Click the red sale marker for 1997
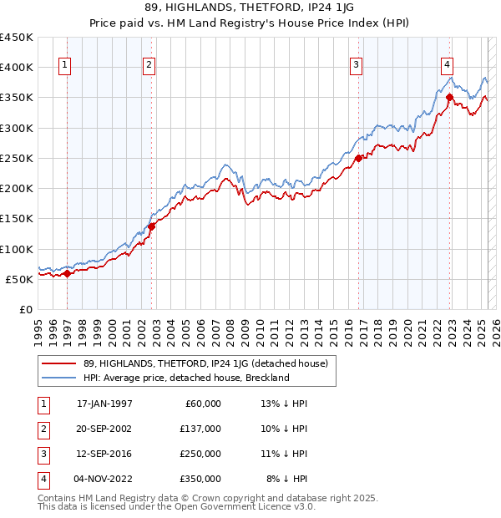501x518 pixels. (x=67, y=273)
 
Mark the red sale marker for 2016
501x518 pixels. (x=358, y=158)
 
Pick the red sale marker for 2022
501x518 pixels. (x=449, y=97)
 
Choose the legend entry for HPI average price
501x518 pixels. (x=185, y=378)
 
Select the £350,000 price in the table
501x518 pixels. (x=200, y=479)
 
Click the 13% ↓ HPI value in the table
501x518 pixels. (x=285, y=404)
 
